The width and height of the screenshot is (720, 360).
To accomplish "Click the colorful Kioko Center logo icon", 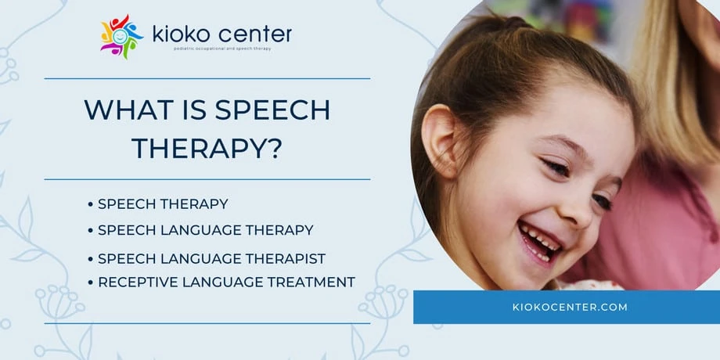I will coord(122,36).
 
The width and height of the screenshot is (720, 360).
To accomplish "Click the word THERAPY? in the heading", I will coord(207,146).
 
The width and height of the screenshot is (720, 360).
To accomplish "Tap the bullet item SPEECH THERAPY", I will coord(163,204).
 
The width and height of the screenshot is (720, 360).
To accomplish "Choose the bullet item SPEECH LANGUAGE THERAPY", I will coord(205,230).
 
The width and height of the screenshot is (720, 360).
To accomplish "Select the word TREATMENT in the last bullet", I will coord(310,282).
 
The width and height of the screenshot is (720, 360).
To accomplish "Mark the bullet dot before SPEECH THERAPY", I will coord(91,204).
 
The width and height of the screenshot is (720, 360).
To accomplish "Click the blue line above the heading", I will coord(207,78).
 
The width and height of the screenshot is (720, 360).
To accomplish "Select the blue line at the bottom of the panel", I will coord(207,322).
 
